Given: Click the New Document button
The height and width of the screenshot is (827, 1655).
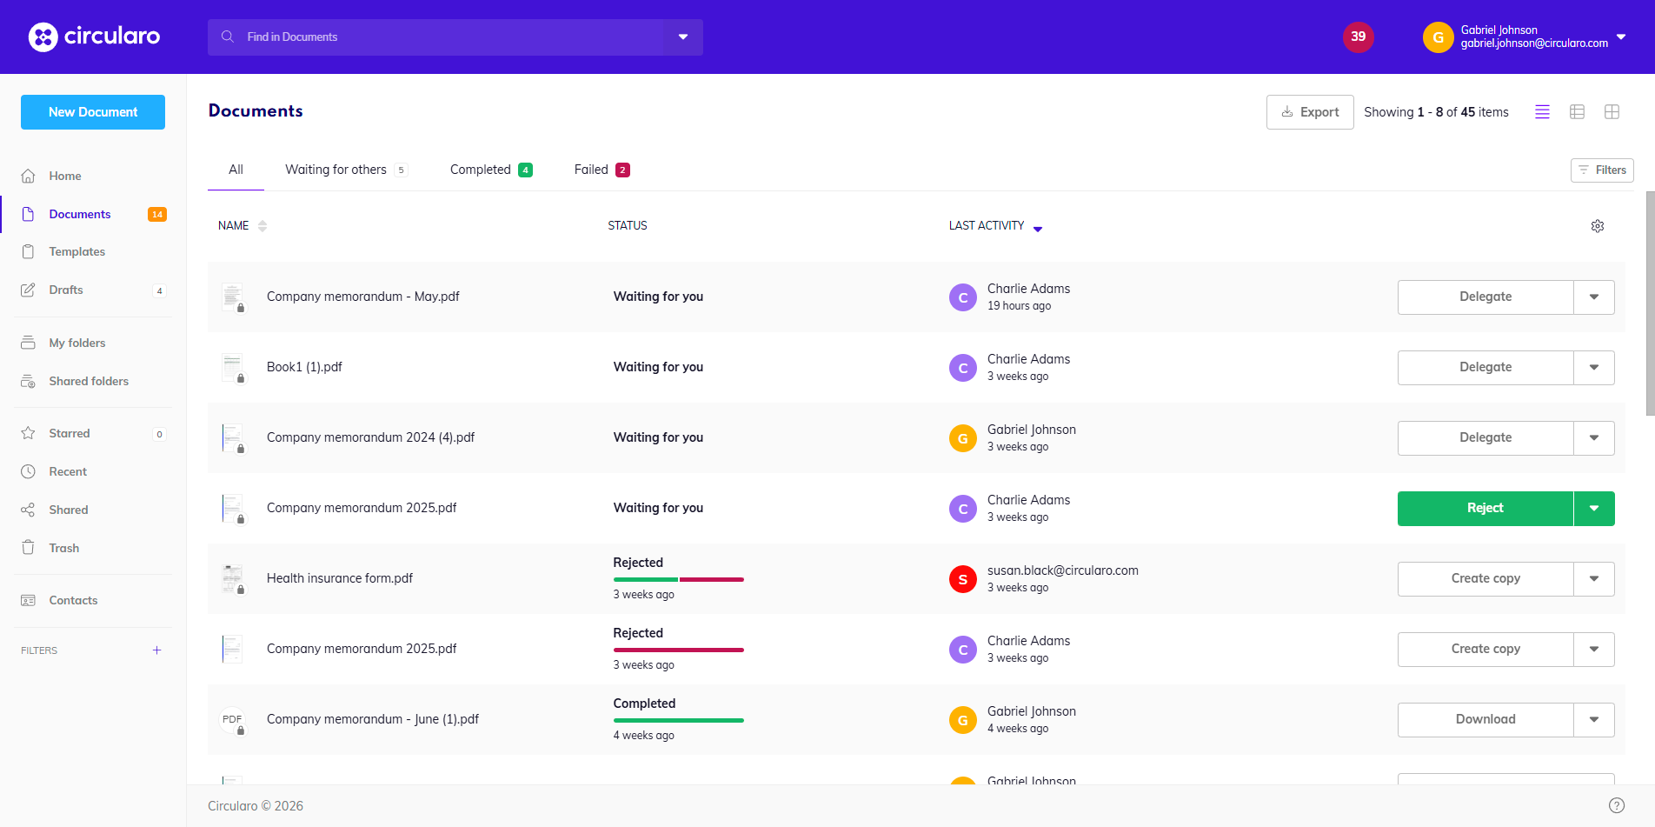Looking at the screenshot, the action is pyautogui.click(x=93, y=112).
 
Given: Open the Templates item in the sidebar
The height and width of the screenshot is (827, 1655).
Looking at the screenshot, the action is pyautogui.click(x=76, y=252).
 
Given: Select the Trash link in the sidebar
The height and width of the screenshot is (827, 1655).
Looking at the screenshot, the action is pyautogui.click(x=63, y=548).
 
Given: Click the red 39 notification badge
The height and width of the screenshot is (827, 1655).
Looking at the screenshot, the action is pyautogui.click(x=1359, y=37).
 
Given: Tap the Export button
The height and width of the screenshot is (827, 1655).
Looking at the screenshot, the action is pyautogui.click(x=1310, y=112).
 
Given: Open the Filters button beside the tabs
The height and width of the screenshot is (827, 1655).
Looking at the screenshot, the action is pyautogui.click(x=1602, y=170).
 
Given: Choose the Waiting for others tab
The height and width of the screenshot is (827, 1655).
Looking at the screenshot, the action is pyautogui.click(x=346, y=170).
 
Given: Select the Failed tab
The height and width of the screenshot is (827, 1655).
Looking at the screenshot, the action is pyautogui.click(x=602, y=170).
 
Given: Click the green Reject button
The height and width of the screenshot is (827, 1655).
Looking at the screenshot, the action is pyautogui.click(x=1486, y=509).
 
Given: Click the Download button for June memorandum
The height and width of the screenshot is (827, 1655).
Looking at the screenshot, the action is pyautogui.click(x=1486, y=720).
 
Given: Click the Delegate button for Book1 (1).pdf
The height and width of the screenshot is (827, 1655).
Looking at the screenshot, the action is pyautogui.click(x=1486, y=368).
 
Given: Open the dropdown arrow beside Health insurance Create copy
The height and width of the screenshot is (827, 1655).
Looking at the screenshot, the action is pyautogui.click(x=1594, y=579).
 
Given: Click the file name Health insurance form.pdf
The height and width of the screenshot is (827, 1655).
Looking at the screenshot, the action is pyautogui.click(x=340, y=578).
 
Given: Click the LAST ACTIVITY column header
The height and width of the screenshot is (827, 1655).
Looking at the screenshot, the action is pyautogui.click(x=987, y=226).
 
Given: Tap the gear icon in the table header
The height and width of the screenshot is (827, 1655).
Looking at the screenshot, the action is pyautogui.click(x=1598, y=226).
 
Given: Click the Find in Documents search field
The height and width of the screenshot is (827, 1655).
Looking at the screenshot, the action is pyautogui.click(x=435, y=37).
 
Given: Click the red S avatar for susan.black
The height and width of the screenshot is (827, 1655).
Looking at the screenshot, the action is pyautogui.click(x=963, y=579).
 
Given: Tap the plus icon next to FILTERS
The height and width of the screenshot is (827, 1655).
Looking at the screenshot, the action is pyautogui.click(x=156, y=650).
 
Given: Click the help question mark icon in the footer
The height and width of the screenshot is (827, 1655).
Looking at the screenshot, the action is pyautogui.click(x=1617, y=806).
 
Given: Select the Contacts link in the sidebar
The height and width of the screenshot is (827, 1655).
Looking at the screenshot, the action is pyautogui.click(x=73, y=601).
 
